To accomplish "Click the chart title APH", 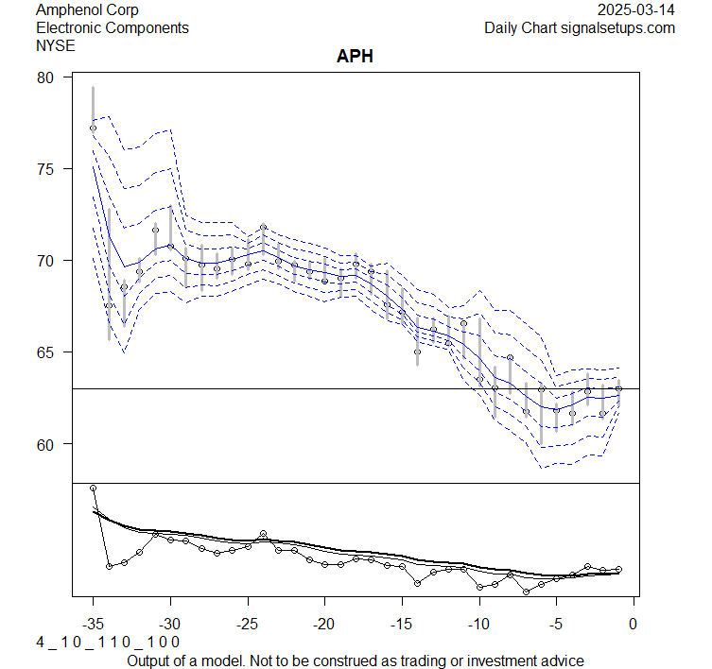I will point(356,57).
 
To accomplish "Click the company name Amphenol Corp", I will point(86,10).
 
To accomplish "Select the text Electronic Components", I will point(112,27).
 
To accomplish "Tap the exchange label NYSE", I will point(57,44).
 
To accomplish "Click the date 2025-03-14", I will point(636,10).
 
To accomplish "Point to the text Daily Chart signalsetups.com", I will point(580,27).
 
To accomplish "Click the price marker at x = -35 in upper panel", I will point(93,128).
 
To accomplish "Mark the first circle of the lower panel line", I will point(93,488).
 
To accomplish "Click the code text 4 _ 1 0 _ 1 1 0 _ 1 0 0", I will point(107,642).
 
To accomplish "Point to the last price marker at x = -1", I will point(618,388).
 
